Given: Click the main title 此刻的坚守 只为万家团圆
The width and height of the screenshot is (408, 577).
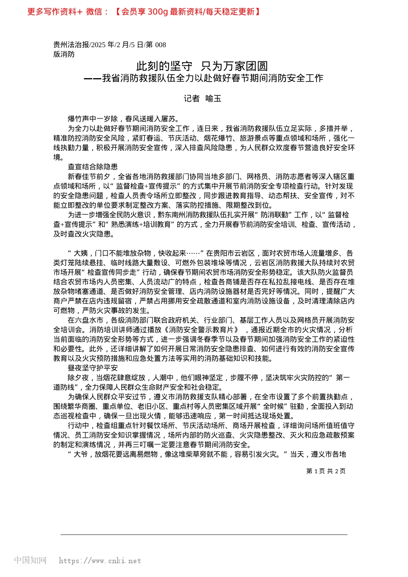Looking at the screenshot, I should click(202, 66).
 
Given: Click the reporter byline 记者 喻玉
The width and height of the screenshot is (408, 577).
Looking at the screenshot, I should click(202, 99).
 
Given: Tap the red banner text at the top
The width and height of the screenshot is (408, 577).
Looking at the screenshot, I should click(144, 12).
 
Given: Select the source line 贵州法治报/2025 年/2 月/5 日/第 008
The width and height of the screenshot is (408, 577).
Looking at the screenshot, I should click(110, 45).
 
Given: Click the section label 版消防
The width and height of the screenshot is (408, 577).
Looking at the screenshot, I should click(64, 54).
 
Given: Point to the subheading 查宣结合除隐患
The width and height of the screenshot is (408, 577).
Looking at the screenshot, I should click(93, 167).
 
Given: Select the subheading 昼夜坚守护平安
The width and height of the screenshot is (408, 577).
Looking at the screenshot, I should click(93, 368).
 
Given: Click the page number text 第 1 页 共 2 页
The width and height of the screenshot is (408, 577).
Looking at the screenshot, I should click(326, 471).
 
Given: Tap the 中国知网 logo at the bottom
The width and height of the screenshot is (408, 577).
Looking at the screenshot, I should click(30, 560).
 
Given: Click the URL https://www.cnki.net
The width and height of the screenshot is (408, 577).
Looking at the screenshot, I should click(100, 561).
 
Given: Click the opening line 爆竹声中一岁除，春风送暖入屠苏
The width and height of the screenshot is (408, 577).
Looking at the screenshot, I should click(123, 119).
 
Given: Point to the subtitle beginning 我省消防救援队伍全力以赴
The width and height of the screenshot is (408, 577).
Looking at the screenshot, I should click(212, 78).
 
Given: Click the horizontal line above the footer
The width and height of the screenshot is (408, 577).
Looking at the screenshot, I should click(204, 534).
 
